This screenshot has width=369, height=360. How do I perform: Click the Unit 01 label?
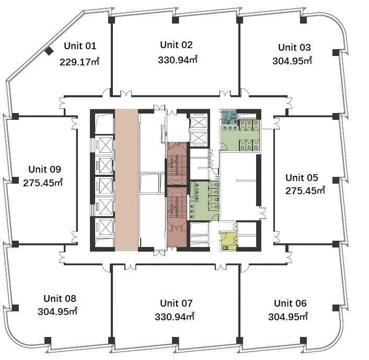(x=80, y=46)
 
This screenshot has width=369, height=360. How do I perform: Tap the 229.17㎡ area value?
(x=79, y=62)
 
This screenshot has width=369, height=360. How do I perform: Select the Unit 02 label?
(x=176, y=45)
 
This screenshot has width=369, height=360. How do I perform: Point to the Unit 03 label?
(x=294, y=48)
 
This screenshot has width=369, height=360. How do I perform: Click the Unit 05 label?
(x=302, y=177)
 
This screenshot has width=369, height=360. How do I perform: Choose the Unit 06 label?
(x=290, y=303)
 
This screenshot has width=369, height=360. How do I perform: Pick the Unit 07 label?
(x=176, y=303)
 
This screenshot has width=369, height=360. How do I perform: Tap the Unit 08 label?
(x=60, y=298)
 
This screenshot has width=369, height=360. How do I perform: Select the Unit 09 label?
(x=45, y=169)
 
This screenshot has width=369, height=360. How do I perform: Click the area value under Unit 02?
(x=178, y=60)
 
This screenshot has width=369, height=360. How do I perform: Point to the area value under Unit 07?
(x=175, y=317)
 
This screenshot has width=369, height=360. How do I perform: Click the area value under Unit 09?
(x=43, y=183)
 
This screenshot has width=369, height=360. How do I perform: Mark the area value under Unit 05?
(x=305, y=190)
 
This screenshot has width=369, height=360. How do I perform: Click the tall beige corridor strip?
(x=126, y=180)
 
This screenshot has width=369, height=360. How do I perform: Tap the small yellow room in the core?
(x=228, y=241)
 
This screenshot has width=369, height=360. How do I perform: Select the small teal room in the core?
(x=228, y=117)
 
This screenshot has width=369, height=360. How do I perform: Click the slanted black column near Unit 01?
(x=49, y=51)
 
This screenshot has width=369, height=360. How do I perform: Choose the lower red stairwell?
(x=177, y=217)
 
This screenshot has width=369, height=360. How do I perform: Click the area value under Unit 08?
(x=57, y=311)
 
